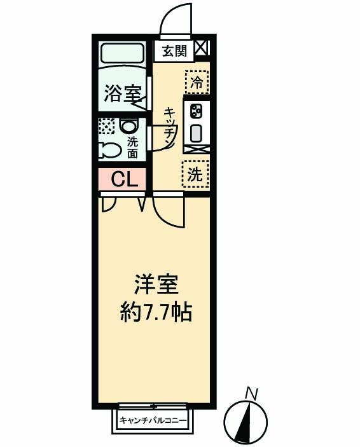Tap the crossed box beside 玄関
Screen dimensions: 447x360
click(202, 48)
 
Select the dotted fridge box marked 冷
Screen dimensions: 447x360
click(197, 81)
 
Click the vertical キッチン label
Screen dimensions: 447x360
click(170, 127)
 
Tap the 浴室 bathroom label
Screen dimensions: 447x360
click(122, 93)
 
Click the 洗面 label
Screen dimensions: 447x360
click(132, 148)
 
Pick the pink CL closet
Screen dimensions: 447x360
click(125, 179)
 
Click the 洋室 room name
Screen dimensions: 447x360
click(155, 284)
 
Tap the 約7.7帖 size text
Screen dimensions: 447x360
click(156, 312)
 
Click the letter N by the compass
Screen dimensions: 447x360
click(252, 395)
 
